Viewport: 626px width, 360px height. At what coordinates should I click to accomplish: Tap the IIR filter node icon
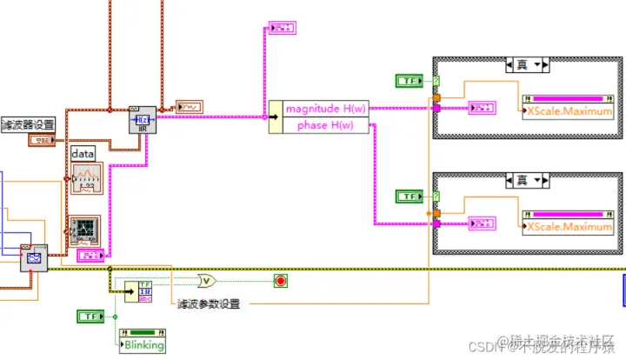(x=143, y=119)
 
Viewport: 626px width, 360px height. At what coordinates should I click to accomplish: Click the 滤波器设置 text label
(x=28, y=123)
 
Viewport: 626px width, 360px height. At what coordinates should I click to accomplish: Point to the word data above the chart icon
(x=83, y=153)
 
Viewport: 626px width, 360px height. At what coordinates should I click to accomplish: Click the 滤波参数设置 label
(x=209, y=303)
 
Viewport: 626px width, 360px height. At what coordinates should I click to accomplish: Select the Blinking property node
(x=144, y=344)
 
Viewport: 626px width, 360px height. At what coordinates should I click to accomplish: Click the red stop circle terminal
(x=280, y=280)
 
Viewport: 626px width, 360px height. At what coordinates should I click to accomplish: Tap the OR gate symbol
(x=207, y=280)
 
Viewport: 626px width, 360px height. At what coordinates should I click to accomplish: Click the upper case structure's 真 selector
(x=526, y=64)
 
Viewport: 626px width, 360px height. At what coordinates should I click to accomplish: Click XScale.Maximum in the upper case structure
(x=570, y=111)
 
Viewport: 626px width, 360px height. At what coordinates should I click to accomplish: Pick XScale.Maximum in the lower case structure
(x=570, y=227)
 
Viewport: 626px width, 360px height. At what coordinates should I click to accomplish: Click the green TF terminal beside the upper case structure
(x=408, y=81)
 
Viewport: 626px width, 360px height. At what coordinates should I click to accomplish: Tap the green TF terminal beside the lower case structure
(x=408, y=197)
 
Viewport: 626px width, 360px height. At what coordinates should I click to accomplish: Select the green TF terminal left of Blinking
(x=90, y=316)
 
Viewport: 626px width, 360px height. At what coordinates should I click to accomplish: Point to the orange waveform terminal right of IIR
(x=190, y=106)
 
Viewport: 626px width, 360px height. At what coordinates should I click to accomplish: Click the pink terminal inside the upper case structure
(x=482, y=109)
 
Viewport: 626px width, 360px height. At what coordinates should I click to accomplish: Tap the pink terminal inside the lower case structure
(x=482, y=224)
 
